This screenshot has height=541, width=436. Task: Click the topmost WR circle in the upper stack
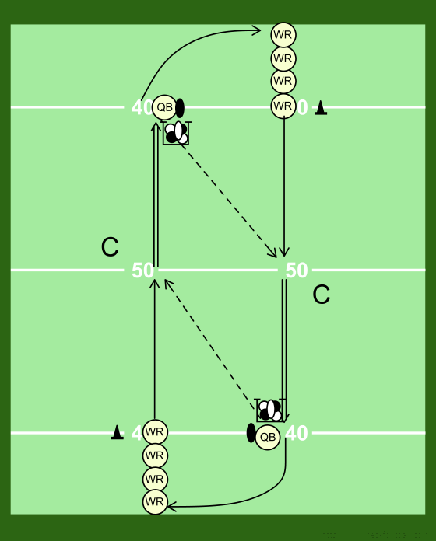coord(283,35)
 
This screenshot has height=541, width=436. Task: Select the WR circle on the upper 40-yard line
coord(283,106)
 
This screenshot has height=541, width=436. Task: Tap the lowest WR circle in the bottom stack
coord(155,501)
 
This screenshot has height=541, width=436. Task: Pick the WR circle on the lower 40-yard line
coord(155,432)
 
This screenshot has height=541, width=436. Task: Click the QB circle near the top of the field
coord(164,107)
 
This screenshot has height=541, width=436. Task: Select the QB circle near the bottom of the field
coord(268,437)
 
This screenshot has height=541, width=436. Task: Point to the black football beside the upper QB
coord(180,108)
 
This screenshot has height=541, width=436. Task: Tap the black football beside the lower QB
coord(251,433)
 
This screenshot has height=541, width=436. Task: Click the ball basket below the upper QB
coord(177,133)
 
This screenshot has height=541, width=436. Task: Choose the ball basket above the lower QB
coord(270,410)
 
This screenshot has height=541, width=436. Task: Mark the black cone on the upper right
coord(321,107)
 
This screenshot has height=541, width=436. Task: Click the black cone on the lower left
coord(117,432)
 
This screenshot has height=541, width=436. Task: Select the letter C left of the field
coord(110,247)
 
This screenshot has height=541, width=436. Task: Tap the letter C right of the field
coord(322,295)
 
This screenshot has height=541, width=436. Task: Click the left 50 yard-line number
coord(142,270)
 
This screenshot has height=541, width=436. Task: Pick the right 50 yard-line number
coord(297,270)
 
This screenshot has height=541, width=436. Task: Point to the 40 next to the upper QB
coord(142,107)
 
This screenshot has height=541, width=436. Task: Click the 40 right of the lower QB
coord(297,433)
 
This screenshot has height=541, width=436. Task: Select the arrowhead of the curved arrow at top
coord(256,30)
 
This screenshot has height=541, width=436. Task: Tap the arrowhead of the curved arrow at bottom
coord(171,507)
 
